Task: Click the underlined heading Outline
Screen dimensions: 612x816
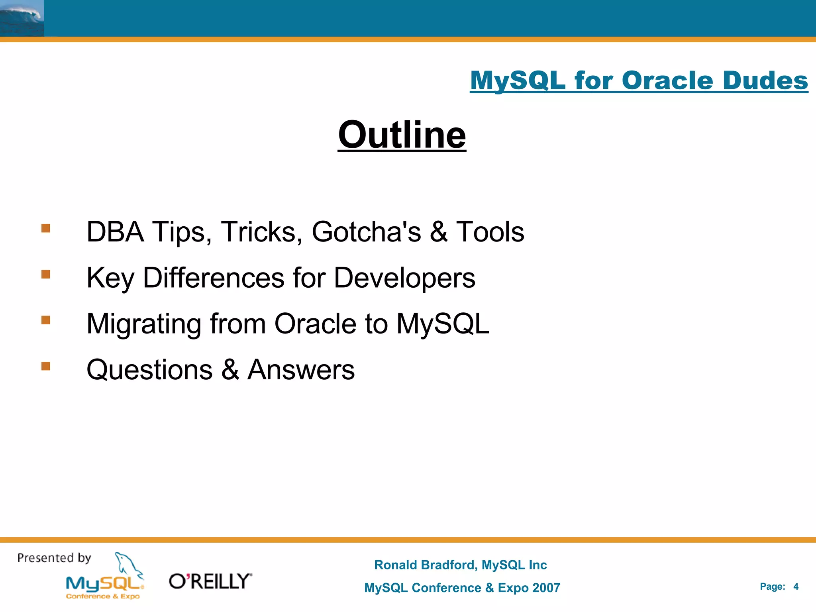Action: [x=402, y=135]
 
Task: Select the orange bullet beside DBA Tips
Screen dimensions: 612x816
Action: [x=46, y=228]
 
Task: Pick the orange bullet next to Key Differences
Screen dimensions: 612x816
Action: [x=46, y=274]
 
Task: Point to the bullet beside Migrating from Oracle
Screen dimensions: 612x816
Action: [x=46, y=320]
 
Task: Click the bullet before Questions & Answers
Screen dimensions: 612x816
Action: [x=46, y=366]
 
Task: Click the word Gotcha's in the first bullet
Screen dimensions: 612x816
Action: [x=366, y=232]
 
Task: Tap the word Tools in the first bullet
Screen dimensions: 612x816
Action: [x=490, y=232]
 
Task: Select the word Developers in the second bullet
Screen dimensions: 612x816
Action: [x=404, y=278]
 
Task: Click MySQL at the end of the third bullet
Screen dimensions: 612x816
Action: [x=442, y=324]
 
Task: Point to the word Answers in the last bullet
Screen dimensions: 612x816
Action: [x=301, y=370]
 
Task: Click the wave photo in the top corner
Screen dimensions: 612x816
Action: [x=22, y=18]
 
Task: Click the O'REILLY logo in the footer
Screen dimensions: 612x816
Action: [x=210, y=581]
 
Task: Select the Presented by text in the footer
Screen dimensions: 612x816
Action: [x=54, y=558]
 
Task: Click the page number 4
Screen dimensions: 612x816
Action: [x=796, y=586]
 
